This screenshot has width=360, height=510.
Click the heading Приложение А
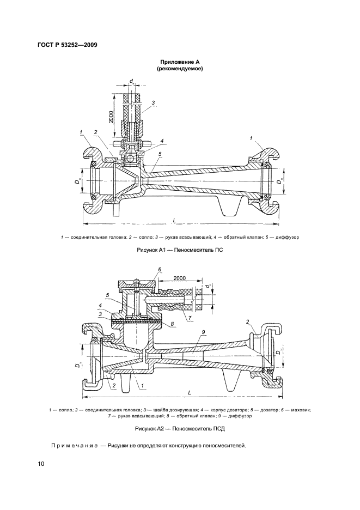(x=180, y=62)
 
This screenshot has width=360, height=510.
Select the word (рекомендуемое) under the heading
(x=180, y=69)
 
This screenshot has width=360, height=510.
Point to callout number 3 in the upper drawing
(x=153, y=103)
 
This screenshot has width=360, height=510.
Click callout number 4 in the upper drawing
(x=162, y=141)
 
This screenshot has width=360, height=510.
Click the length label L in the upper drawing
(x=175, y=220)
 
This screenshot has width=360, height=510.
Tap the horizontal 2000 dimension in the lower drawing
(x=180, y=278)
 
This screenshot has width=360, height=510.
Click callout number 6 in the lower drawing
(x=160, y=269)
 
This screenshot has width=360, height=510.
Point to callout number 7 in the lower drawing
(x=190, y=317)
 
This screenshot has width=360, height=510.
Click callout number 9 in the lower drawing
(x=203, y=332)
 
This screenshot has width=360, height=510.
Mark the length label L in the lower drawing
(x=190, y=393)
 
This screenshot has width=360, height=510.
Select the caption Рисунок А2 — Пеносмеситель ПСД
(x=180, y=429)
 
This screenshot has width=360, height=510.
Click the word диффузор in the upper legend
(x=288, y=237)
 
